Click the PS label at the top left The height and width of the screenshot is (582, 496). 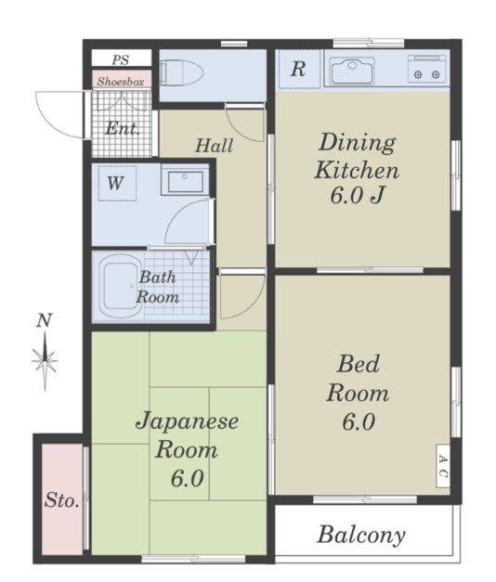click(x=120, y=59)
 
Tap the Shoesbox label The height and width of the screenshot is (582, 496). click(x=120, y=81)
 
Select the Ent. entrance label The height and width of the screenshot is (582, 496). click(x=122, y=129)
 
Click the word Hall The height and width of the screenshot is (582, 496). click(x=214, y=146)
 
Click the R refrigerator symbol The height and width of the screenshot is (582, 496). click(x=298, y=70)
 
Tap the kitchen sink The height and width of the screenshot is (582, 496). click(x=351, y=70)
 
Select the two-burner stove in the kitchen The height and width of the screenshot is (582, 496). click(x=428, y=71)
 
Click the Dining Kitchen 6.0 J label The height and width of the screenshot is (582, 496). click(x=358, y=170)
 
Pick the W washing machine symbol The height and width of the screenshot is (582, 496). click(x=114, y=183)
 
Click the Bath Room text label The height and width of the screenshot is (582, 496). click(x=158, y=288)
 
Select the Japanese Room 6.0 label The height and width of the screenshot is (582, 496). click(x=188, y=451)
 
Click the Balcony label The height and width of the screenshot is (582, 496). click(x=362, y=535)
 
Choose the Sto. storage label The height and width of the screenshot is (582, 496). click(x=62, y=501)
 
